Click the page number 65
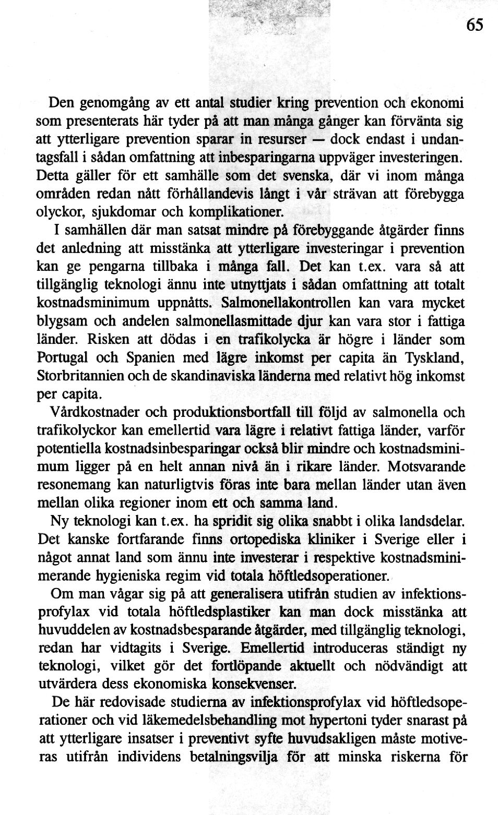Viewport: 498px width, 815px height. tap(475, 26)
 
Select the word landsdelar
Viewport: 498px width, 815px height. tap(430, 521)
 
